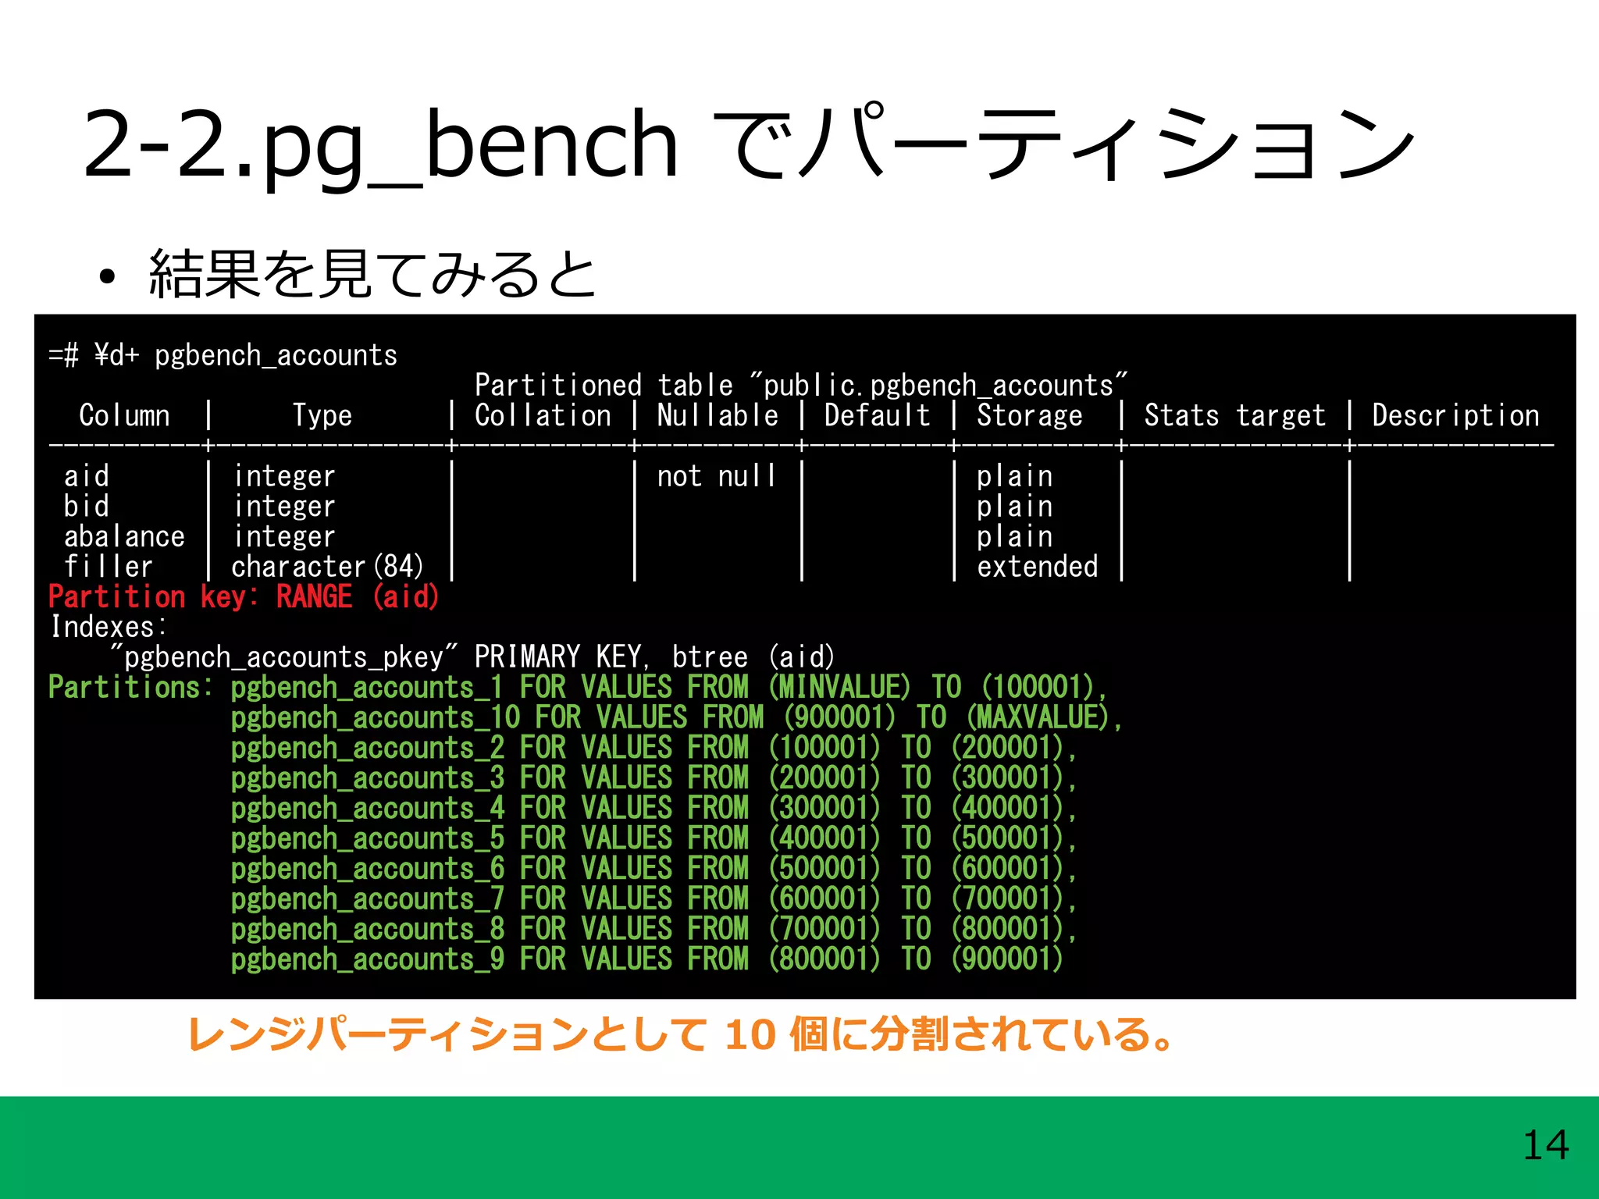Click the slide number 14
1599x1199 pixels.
(x=1545, y=1145)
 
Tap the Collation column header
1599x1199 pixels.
(x=543, y=415)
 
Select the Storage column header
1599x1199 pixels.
(x=1029, y=415)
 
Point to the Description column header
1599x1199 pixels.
(x=1455, y=415)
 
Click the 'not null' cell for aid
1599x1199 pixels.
(x=717, y=476)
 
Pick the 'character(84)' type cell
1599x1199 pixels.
(x=327, y=567)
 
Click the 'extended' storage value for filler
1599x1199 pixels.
(x=1037, y=567)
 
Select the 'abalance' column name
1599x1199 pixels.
(x=124, y=537)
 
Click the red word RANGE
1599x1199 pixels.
(x=314, y=597)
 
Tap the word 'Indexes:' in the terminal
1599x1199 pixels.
(x=108, y=627)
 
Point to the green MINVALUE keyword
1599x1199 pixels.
(x=839, y=688)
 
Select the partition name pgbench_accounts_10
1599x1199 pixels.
(x=376, y=717)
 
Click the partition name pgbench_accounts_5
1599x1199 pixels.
(x=368, y=838)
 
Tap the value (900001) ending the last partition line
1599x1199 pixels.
(x=1007, y=959)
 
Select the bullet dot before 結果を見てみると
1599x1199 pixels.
(x=107, y=276)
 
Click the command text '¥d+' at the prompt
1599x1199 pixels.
(x=116, y=356)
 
